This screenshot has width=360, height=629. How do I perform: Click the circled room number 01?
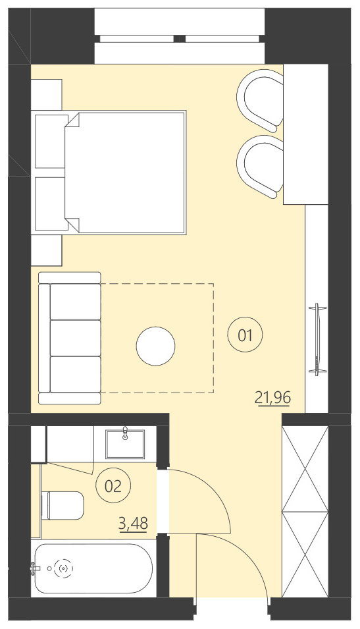(x=245, y=335)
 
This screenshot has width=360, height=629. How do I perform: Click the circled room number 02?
(x=113, y=487)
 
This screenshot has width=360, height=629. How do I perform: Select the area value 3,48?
(x=133, y=524)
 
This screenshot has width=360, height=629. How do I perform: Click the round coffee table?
(x=156, y=346)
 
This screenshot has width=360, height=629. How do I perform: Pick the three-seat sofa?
(x=70, y=337)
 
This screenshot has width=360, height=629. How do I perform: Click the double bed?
(x=125, y=173)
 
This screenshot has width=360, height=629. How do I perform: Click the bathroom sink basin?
(x=125, y=443)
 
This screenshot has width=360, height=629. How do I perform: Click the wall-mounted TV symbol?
(x=318, y=339)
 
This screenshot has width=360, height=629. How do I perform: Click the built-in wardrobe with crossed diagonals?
(x=304, y=512)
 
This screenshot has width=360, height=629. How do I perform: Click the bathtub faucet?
(x=34, y=568)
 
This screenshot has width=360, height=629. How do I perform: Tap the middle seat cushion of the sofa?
(x=76, y=338)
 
